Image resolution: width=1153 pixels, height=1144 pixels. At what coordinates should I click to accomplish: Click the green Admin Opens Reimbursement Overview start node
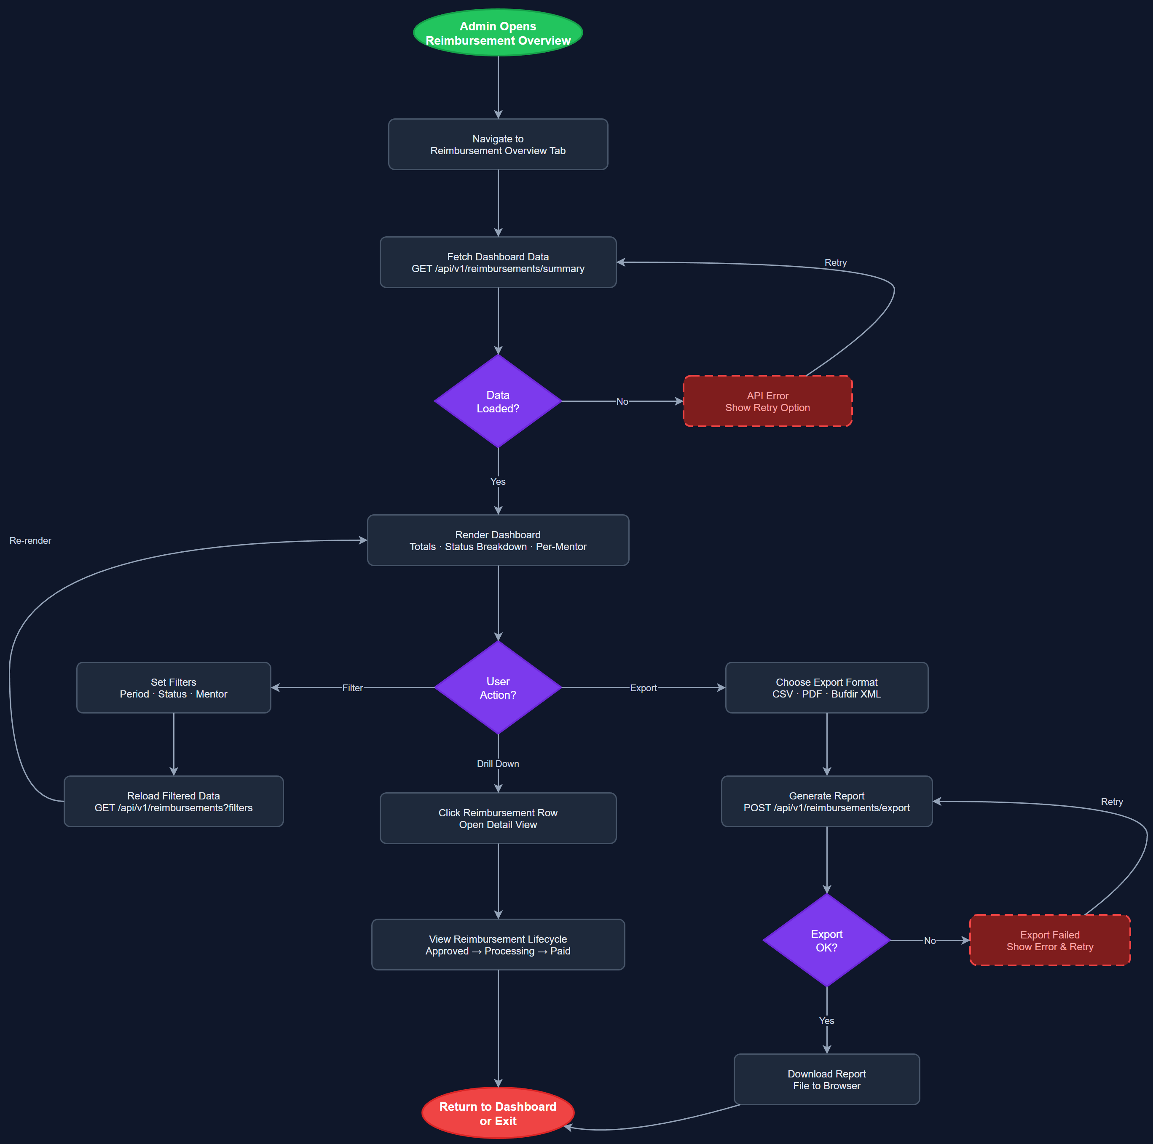click(x=498, y=33)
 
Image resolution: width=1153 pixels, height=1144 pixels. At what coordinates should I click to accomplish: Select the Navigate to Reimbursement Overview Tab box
click(x=498, y=144)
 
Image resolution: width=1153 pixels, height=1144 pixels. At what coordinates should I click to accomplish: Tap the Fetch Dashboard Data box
click(x=498, y=262)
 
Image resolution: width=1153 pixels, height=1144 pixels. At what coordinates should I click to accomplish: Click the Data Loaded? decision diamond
click(x=498, y=401)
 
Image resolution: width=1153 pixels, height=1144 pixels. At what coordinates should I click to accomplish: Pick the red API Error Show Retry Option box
click(x=767, y=401)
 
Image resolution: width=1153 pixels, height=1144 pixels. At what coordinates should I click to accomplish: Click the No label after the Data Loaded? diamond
click(x=622, y=401)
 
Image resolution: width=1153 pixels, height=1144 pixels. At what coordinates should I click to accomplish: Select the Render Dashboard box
click(x=498, y=540)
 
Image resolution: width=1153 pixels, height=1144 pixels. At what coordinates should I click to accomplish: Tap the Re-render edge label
click(x=30, y=540)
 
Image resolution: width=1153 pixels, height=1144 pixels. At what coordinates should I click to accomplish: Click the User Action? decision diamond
click(x=498, y=688)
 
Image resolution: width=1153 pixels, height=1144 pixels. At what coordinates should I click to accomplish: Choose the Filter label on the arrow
click(x=352, y=688)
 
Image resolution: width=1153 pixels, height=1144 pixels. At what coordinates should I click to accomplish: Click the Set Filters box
click(x=174, y=688)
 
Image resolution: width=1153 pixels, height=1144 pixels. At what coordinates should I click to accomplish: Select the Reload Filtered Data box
click(x=174, y=802)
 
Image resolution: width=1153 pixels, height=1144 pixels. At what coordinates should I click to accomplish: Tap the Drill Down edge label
click(x=498, y=764)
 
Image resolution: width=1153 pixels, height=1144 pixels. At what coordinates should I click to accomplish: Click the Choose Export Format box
click(x=826, y=688)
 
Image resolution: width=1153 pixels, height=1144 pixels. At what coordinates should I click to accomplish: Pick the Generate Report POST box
click(x=826, y=802)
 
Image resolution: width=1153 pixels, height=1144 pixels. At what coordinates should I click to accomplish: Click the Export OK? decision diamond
click(x=826, y=941)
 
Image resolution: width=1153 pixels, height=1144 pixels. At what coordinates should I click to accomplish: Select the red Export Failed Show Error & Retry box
click(x=1050, y=941)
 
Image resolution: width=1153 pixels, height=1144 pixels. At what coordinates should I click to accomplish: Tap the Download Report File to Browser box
click(x=826, y=1080)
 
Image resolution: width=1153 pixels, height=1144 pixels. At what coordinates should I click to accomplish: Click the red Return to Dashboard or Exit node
click(x=498, y=1113)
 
